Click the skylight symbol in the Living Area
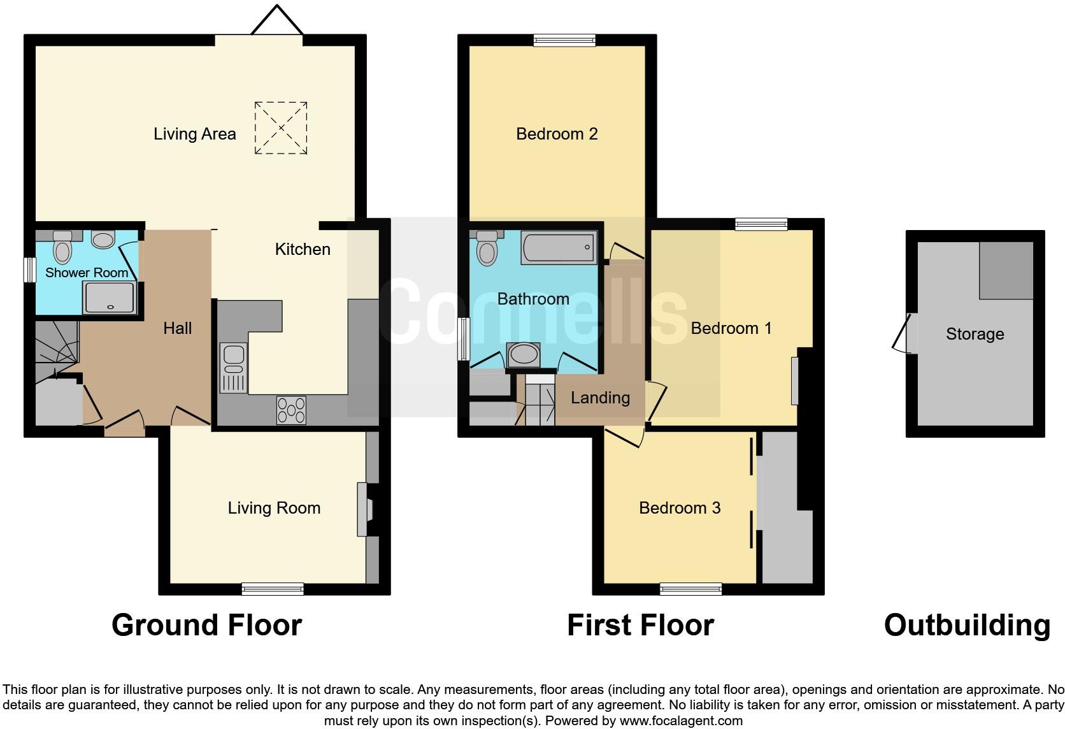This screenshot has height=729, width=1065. (281, 127)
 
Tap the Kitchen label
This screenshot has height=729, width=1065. (303, 249)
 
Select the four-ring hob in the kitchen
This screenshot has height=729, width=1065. (291, 410)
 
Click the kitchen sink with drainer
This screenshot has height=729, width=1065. (233, 367)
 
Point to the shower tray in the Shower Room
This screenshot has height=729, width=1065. (109, 298)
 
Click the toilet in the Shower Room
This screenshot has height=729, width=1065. (62, 247)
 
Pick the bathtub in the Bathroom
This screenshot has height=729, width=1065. (559, 248)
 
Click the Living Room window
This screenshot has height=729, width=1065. (273, 589)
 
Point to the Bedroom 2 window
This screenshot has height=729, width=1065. (564, 41)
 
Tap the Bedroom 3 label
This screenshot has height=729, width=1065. (680, 508)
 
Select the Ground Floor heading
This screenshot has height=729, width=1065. (206, 625)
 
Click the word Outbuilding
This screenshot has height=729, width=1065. (967, 625)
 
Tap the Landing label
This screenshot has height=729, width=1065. (600, 398)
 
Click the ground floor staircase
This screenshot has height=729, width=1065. (55, 344)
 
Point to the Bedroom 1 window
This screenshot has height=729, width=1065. (761, 224)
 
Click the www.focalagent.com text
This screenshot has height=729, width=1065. (681, 721)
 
